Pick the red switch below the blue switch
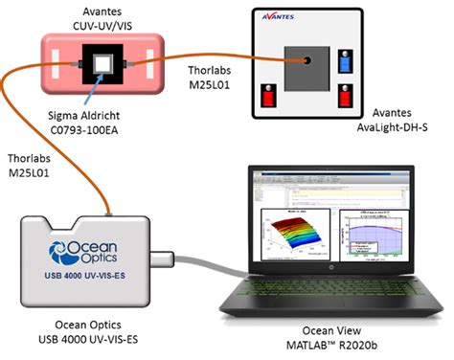tap(346, 98)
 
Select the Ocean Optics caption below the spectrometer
tap(85, 326)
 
